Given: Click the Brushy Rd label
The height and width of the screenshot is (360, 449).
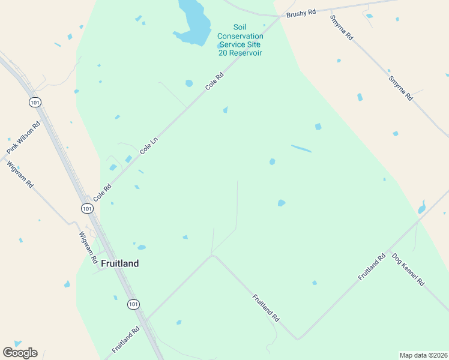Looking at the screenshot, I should [301, 14].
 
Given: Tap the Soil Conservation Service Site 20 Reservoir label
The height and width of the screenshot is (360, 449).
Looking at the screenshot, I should [241, 40].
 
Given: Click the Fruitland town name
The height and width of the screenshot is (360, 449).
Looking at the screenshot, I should [120, 263].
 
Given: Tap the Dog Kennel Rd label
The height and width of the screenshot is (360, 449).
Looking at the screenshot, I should [408, 269].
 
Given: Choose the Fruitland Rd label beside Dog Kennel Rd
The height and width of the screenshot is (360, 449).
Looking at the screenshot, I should [372, 268].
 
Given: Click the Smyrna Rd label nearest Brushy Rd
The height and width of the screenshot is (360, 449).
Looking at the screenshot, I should [341, 28].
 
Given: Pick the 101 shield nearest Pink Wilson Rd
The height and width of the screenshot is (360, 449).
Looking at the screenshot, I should [34, 102].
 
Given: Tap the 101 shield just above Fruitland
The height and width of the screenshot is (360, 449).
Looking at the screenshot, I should [88, 208].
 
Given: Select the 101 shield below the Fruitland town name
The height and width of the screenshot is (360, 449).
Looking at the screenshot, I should [133, 304].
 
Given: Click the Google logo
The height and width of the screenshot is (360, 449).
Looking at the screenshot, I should [20, 352].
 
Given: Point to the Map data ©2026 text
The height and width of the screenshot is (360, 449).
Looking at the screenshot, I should [423, 355].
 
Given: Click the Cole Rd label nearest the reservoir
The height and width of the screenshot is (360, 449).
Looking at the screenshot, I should [214, 81].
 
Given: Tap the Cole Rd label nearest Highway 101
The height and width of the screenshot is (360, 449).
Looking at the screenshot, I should [102, 192].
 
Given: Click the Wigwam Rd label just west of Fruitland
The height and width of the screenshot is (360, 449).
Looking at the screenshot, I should [88, 248].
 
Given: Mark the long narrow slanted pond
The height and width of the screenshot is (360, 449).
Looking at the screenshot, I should [301, 148].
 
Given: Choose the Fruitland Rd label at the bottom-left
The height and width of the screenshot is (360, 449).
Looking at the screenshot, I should [125, 339].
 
